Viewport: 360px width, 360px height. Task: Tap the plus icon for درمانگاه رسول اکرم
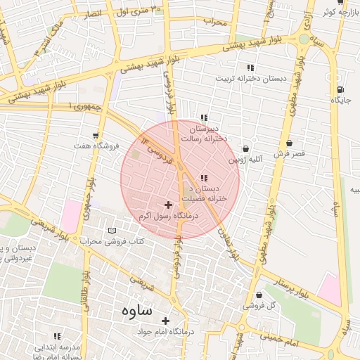click(x=167, y=204)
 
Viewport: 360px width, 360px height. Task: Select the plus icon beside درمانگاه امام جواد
click(x=167, y=319)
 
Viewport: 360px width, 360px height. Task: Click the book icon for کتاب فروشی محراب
click(x=112, y=231)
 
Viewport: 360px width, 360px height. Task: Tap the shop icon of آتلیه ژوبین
click(x=245, y=149)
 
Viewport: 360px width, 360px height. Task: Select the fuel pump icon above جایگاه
click(x=340, y=89)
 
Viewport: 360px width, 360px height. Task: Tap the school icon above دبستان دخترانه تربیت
click(x=250, y=67)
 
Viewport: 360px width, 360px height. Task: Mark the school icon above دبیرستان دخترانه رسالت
click(x=204, y=117)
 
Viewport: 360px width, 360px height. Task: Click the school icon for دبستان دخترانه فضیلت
click(x=204, y=178)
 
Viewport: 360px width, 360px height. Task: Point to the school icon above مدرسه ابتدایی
click(x=57, y=337)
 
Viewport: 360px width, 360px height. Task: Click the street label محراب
click(x=216, y=22)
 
